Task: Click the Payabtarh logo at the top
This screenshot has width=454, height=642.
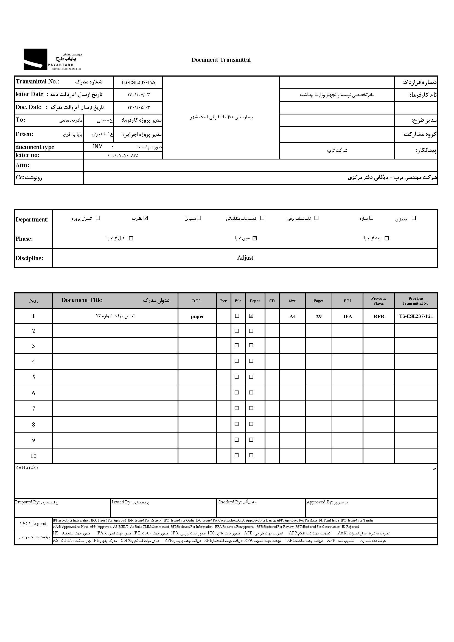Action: (52, 59)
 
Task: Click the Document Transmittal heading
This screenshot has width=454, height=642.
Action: (221, 60)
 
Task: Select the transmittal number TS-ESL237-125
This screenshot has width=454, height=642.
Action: (138, 83)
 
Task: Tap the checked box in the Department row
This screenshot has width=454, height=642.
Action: (146, 218)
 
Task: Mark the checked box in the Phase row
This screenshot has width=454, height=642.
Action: (254, 238)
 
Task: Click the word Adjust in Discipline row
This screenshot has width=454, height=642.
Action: (245, 258)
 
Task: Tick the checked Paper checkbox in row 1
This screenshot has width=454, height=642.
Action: (251, 316)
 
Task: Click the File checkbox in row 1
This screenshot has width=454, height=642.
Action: (237, 316)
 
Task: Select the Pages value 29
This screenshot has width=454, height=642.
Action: (319, 316)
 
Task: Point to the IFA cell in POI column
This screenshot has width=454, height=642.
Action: (347, 316)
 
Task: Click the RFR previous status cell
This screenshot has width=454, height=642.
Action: (379, 316)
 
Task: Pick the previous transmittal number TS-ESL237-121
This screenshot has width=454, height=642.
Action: (416, 316)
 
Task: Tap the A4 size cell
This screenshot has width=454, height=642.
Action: (292, 316)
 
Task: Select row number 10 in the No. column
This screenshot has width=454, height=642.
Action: (33, 456)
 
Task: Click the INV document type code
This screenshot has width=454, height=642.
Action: (97, 147)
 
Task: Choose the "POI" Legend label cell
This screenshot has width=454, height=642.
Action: (33, 524)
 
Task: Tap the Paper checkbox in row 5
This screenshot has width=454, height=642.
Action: (251, 377)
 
